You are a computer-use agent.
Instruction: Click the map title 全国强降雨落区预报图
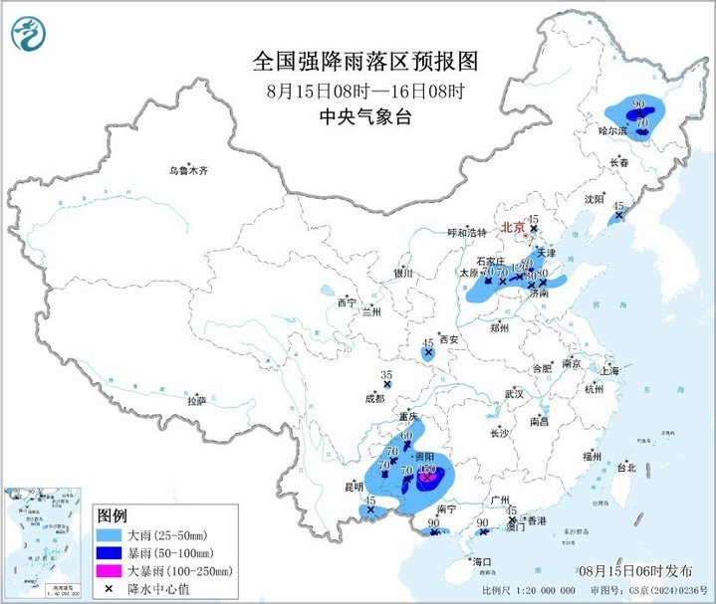365,62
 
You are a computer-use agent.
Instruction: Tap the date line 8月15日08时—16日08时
365,91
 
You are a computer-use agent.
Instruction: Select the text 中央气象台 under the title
365,116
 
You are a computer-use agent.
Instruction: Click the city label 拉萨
196,401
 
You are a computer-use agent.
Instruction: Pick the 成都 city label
374,398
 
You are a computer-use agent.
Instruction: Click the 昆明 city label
354,487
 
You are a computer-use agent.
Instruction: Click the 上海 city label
609,371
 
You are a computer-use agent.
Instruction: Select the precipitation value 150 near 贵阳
428,469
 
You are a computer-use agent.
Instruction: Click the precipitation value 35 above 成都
387,374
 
